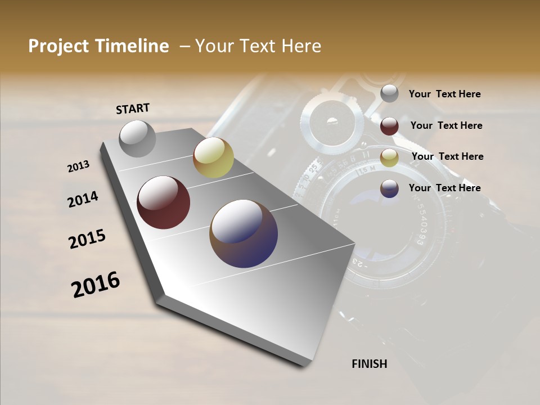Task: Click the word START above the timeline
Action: click(x=133, y=109)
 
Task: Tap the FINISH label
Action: click(x=369, y=364)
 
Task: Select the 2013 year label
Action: click(x=79, y=166)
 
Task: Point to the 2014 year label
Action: click(x=83, y=199)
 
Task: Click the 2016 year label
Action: click(x=96, y=285)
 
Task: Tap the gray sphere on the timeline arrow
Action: click(x=138, y=138)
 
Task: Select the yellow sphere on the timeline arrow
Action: click(x=213, y=157)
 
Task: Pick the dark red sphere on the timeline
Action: click(x=163, y=202)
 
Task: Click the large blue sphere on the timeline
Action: click(x=244, y=233)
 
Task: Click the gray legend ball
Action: click(x=389, y=93)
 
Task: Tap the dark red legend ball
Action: click(x=389, y=126)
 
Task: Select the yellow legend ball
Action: click(x=389, y=157)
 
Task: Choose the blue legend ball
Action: click(x=389, y=188)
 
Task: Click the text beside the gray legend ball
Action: click(x=444, y=94)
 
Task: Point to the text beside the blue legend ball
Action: click(x=444, y=188)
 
